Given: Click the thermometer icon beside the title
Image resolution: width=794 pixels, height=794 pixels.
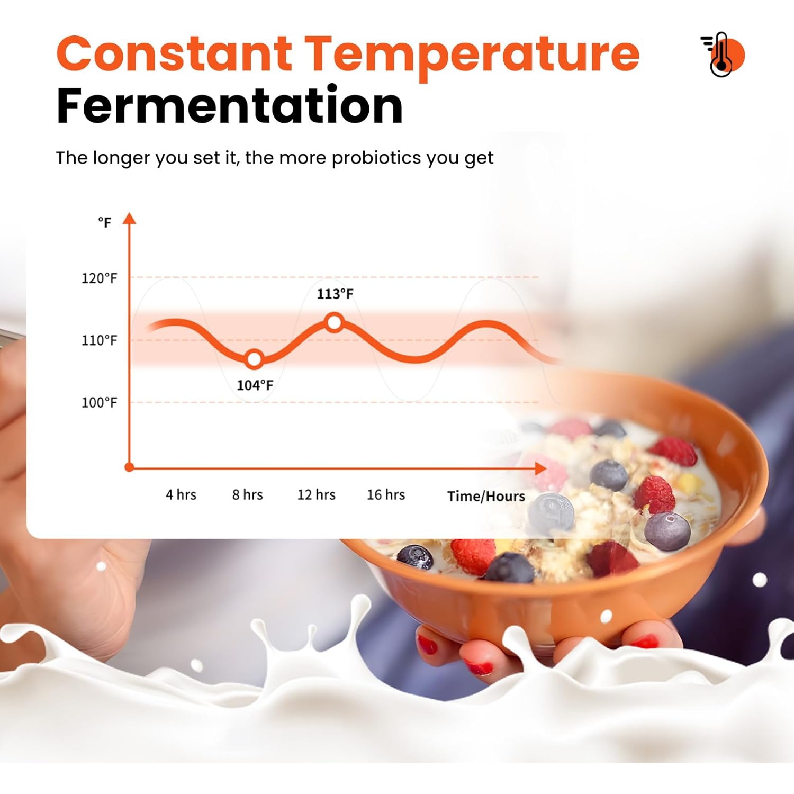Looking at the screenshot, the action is [723, 55].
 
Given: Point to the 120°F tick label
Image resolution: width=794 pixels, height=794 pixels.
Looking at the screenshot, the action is [99, 278].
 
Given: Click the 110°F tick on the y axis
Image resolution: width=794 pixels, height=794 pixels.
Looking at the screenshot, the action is [99, 340].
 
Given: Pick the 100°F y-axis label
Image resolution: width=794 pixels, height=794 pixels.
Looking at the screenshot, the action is [99, 402].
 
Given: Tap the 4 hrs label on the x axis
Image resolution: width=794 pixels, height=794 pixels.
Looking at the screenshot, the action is [181, 494].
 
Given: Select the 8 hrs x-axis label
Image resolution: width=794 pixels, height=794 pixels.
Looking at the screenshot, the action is [248, 494].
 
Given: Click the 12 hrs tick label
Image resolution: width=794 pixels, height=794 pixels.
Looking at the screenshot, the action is [317, 494].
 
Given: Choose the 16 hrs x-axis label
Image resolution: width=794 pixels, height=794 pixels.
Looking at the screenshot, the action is [386, 494].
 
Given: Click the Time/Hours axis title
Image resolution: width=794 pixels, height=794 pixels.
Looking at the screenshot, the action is [486, 496].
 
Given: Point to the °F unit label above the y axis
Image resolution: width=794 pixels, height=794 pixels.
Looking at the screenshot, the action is [105, 222].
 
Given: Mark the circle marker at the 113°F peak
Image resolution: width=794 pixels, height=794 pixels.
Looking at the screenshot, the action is [335, 322].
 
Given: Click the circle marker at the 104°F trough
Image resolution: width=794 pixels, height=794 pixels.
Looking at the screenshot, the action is [255, 359].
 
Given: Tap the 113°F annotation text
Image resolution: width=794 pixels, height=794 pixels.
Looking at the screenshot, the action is [335, 294].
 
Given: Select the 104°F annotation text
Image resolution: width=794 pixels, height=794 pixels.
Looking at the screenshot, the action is [255, 385].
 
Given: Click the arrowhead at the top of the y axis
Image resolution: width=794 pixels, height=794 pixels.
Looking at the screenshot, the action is [130, 218].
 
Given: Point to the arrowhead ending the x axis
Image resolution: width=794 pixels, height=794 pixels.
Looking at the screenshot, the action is [540, 468].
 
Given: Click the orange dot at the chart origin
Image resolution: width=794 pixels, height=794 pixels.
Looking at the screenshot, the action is [129, 467].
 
